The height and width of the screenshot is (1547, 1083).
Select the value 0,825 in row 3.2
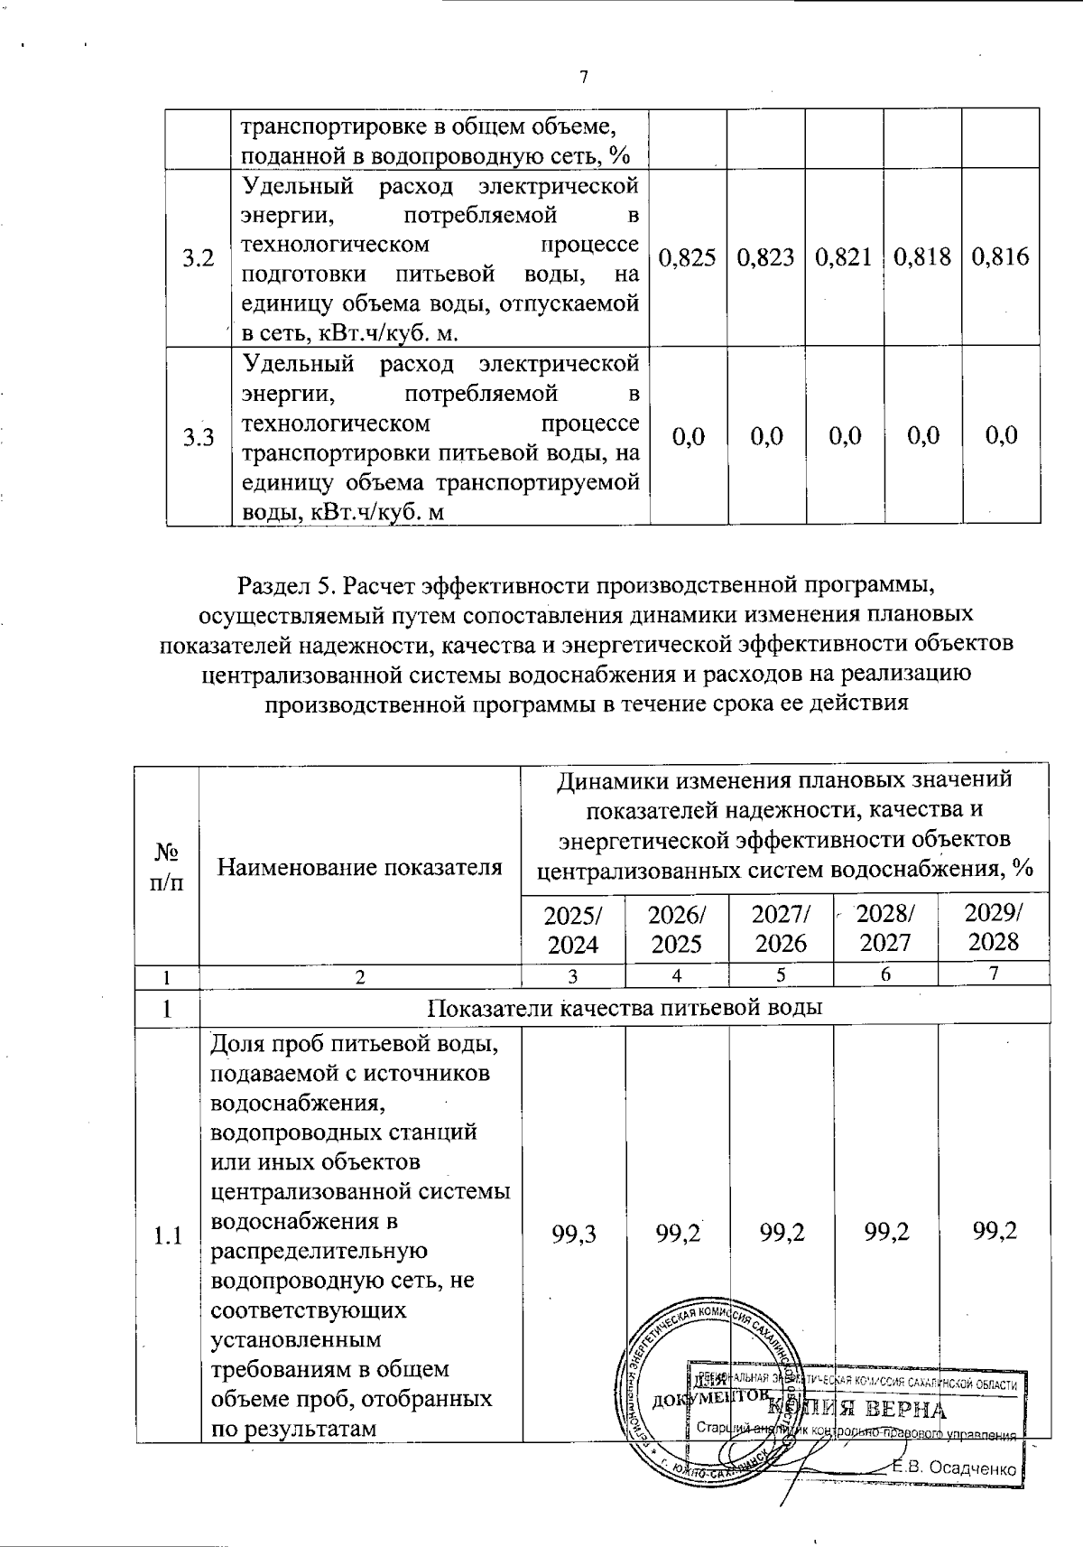point(688,257)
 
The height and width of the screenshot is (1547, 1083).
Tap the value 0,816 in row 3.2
point(1000,257)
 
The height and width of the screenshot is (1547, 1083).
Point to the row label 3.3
point(198,438)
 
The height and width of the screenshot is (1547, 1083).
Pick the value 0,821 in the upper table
point(843,257)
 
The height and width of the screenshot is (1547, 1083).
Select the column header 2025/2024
point(573,928)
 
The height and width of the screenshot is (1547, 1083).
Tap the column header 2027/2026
point(781,928)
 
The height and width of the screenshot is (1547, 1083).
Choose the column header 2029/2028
point(993,927)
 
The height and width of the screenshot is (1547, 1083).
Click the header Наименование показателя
point(360,868)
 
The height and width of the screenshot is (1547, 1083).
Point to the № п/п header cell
point(166,868)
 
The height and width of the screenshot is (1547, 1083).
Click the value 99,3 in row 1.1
point(573,1232)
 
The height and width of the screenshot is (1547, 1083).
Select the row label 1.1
point(167,1235)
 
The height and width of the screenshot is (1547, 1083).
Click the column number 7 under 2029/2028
point(993,974)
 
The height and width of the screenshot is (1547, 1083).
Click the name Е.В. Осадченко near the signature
point(955,1468)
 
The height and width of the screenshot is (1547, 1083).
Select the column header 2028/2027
point(884,927)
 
